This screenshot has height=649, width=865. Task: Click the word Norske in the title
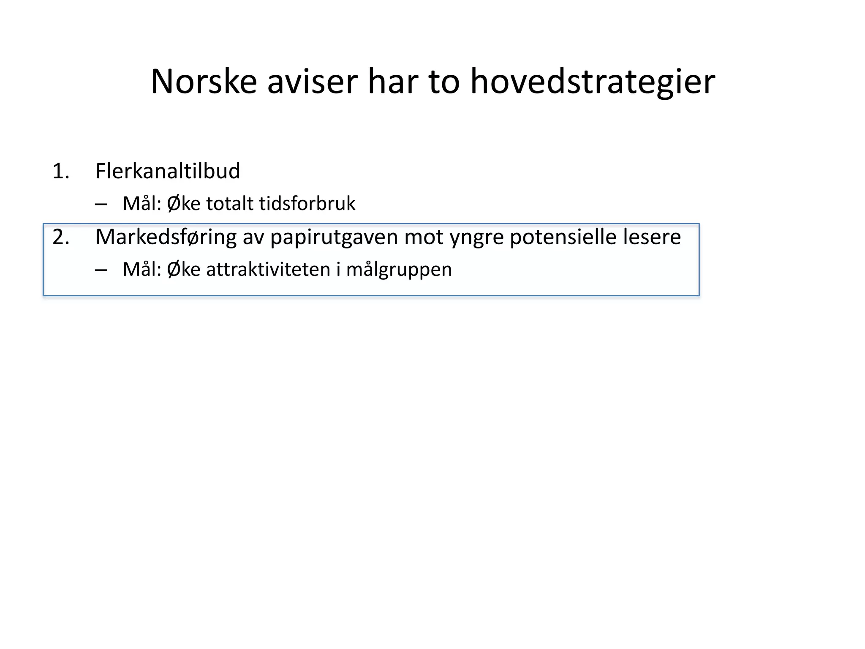tap(204, 81)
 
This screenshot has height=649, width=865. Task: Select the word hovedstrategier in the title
tap(593, 81)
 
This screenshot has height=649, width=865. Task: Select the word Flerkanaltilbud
tap(168, 171)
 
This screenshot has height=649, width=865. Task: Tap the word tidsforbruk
tap(307, 204)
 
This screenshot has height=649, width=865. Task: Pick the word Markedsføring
tap(166, 237)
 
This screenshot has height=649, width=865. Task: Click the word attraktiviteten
tap(268, 270)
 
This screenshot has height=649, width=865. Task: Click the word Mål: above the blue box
tap(142, 204)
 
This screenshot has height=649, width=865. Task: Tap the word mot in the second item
tap(424, 237)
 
